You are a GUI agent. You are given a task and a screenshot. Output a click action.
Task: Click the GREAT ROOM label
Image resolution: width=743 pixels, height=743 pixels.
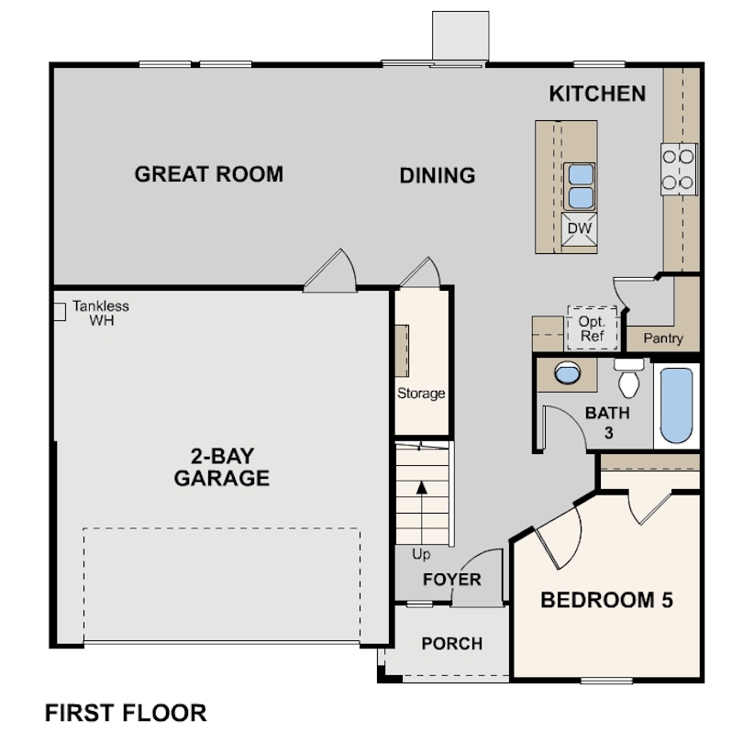click(x=209, y=174)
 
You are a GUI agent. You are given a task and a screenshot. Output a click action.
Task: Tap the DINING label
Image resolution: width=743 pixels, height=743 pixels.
click(x=438, y=175)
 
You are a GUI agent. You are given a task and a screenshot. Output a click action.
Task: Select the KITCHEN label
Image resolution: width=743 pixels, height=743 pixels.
click(x=597, y=94)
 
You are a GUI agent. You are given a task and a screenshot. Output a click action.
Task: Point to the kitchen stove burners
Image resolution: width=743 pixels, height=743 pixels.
click(x=679, y=170)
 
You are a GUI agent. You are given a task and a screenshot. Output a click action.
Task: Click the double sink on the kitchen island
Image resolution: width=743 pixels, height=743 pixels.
click(x=579, y=186)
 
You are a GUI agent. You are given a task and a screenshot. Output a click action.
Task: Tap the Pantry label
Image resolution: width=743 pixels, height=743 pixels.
click(x=662, y=338)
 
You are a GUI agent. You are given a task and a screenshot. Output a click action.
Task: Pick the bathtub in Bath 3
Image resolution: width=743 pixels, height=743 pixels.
click(x=678, y=405)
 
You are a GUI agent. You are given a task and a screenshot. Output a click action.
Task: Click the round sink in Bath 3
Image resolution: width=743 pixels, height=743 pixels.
click(x=568, y=373)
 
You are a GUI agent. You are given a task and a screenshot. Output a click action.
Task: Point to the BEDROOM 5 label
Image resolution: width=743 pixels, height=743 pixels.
click(x=606, y=601)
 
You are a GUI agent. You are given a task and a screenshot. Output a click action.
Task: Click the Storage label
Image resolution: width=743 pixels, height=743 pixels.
click(x=421, y=394)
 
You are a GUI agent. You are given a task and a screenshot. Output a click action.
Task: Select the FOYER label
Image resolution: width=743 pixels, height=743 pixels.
click(x=451, y=580)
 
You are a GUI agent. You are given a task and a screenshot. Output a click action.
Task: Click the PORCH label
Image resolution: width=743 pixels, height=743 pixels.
click(x=451, y=643)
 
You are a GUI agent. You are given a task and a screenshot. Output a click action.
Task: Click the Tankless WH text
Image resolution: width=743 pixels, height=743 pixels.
click(x=101, y=313)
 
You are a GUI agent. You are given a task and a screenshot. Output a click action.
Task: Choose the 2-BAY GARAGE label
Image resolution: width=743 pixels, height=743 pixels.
click(x=222, y=467)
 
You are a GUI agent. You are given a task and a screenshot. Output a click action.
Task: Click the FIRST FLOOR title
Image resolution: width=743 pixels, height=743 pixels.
click(x=126, y=712)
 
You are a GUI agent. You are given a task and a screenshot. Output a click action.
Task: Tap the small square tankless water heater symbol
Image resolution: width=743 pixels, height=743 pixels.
click(x=58, y=311)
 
